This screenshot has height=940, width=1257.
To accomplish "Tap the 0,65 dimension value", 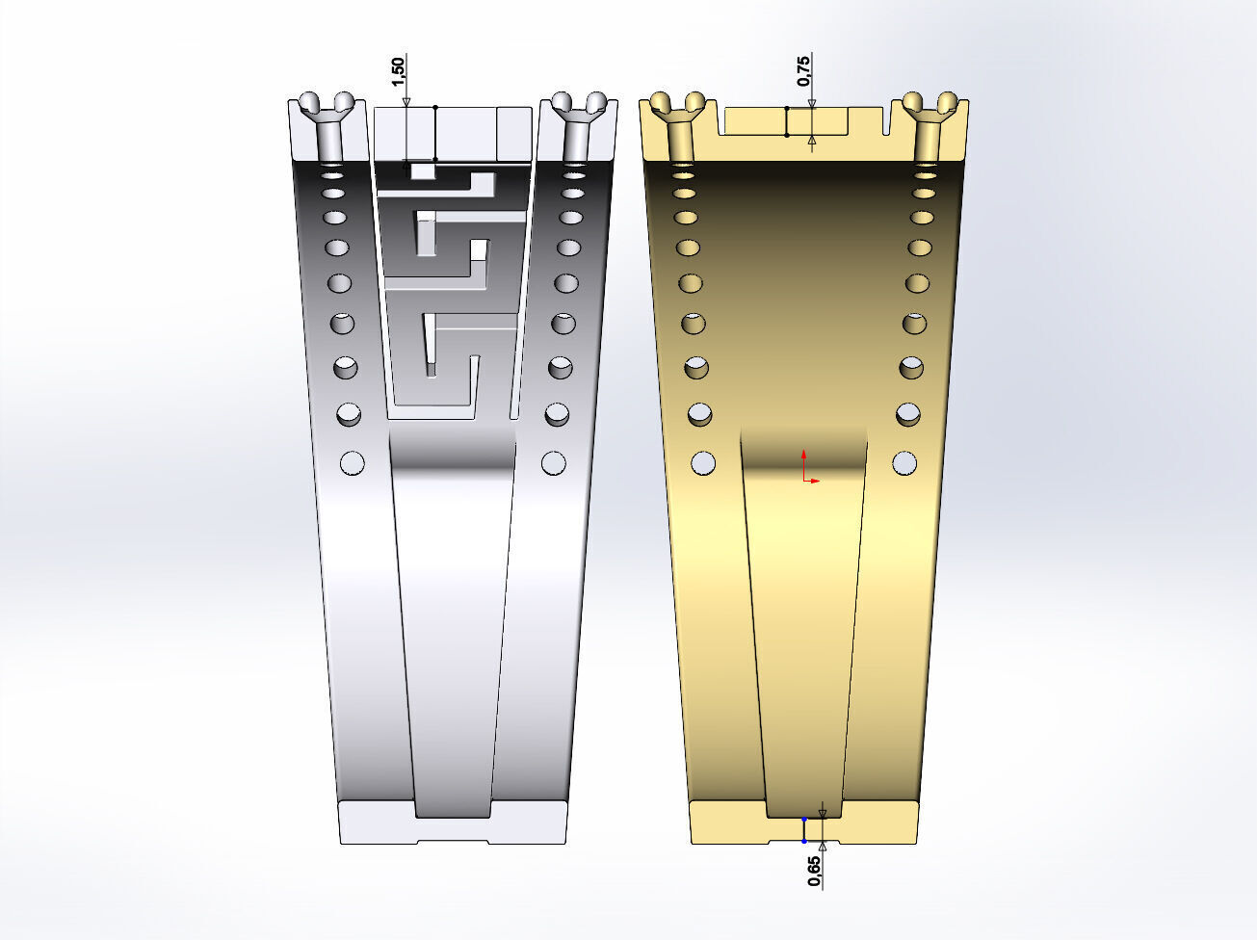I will click(x=815, y=870).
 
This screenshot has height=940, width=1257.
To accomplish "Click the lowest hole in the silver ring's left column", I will click(x=353, y=463).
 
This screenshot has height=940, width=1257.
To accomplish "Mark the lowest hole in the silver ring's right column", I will click(x=553, y=463).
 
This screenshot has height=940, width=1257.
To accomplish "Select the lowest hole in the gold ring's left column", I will click(x=705, y=463).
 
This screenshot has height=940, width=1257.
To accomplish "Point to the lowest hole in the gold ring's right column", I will click(x=904, y=463).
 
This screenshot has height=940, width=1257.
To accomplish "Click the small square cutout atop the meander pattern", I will click(x=423, y=171).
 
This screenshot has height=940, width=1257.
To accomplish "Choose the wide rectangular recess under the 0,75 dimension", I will click(x=785, y=121).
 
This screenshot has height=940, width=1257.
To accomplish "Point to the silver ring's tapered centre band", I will click(x=453, y=626).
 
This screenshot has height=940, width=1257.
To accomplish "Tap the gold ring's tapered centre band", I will click(x=805, y=626).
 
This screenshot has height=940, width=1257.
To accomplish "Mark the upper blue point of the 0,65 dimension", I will click(x=804, y=819).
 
